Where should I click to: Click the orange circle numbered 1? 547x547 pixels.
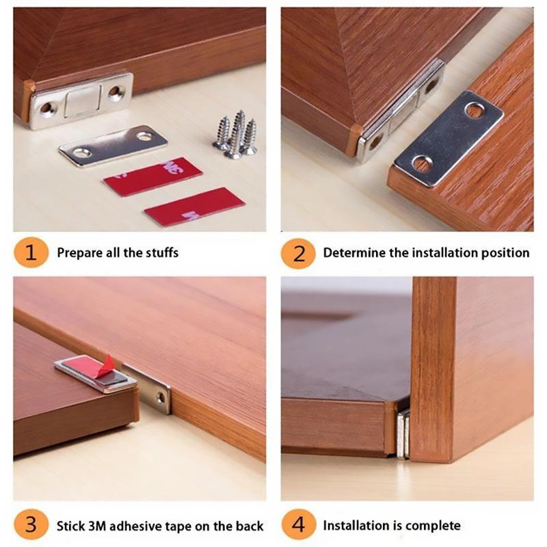(31, 253)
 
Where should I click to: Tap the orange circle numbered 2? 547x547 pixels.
(298, 253)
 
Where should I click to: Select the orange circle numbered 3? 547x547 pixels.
(31, 526)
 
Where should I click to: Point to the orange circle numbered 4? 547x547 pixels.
(298, 526)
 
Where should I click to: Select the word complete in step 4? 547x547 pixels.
(433, 526)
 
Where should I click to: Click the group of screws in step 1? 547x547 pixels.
(235, 135)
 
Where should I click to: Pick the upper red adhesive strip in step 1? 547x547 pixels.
(152, 176)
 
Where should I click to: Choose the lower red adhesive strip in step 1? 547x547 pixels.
(194, 206)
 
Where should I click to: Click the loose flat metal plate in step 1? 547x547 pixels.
(113, 145)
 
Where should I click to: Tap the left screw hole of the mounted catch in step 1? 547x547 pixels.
(47, 108)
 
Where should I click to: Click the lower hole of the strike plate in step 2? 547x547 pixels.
(422, 163)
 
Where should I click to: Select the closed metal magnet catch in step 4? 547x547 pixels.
(403, 433)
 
